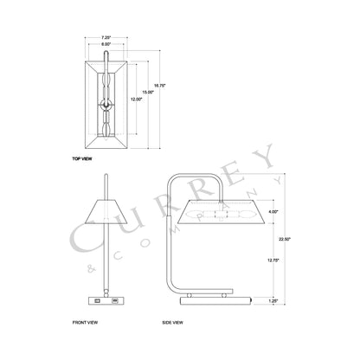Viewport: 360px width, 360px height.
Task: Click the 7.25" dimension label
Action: (x=106, y=38)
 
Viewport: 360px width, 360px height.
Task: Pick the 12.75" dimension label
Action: (x=274, y=258)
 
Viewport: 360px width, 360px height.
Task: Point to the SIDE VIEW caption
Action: (x=173, y=322)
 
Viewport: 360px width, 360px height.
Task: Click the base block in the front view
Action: (x=105, y=300)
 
